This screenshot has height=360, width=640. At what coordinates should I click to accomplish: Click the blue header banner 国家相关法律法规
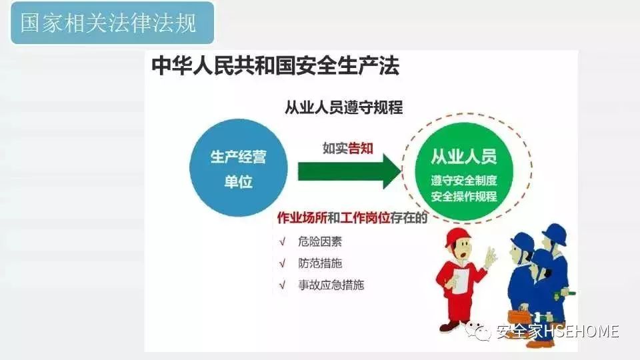click(x=112, y=23)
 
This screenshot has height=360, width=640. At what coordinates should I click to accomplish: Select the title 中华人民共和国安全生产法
click(x=275, y=66)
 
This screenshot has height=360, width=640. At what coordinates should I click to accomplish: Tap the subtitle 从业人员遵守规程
click(x=344, y=107)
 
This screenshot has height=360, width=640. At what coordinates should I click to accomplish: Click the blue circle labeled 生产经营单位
click(x=239, y=168)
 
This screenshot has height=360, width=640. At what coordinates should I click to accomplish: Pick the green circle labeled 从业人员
click(x=464, y=171)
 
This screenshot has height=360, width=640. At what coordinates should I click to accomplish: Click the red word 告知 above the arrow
click(x=361, y=148)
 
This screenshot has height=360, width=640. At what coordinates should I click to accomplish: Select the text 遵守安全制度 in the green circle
click(x=464, y=180)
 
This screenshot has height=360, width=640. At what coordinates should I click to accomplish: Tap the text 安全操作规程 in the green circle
click(x=464, y=196)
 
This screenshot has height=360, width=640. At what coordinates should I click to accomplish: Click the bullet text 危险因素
click(x=320, y=241)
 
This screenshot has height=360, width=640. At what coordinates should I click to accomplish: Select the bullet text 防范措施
click(x=320, y=263)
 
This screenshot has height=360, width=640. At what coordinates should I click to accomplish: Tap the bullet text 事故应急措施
click(x=331, y=285)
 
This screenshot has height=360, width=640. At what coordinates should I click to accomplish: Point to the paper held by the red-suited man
click(x=461, y=281)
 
